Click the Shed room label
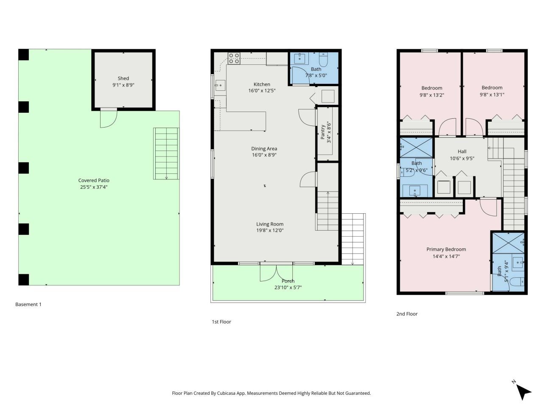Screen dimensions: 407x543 (123, 78)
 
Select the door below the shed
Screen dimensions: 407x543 (108, 118)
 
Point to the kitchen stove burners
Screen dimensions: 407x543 (234, 58)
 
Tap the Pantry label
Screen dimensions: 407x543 (323, 132)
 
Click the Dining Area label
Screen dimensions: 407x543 (264, 148)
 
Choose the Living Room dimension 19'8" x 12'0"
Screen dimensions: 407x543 (269, 231)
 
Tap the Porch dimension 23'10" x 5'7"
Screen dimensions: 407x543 (288, 287)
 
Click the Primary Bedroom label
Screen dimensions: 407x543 (446, 249)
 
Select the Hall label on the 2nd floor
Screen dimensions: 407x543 (462, 151)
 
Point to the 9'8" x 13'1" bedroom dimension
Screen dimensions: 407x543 (492, 95)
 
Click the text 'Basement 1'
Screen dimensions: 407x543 (28, 304)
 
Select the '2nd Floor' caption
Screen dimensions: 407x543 (406, 314)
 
